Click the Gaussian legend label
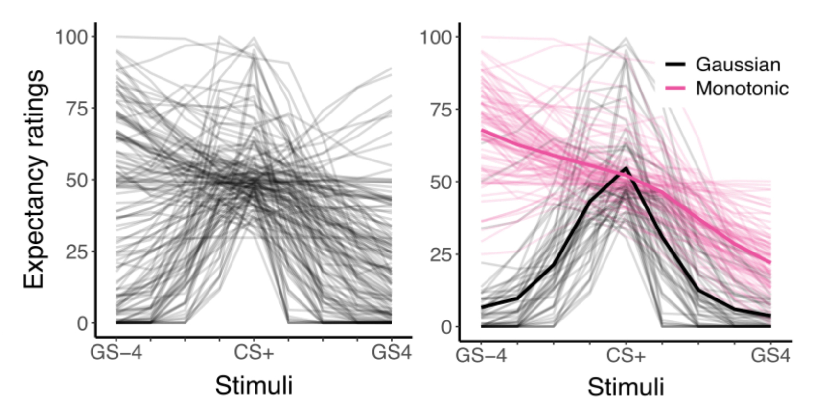click(738, 65)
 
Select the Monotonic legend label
click(742, 88)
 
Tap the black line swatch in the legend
click(675, 65)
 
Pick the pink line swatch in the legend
click(675, 88)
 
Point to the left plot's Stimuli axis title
click(254, 386)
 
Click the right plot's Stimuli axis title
click(626, 387)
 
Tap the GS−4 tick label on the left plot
click(116, 352)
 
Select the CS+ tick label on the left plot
click(254, 352)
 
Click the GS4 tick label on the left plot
click(392, 352)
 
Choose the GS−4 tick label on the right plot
click(481, 355)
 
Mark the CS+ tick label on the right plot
click(626, 355)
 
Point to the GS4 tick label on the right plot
click(770, 355)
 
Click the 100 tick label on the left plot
click(71, 37)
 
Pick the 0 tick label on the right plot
click(446, 327)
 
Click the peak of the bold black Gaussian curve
click(626, 168)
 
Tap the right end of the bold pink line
click(770, 262)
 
